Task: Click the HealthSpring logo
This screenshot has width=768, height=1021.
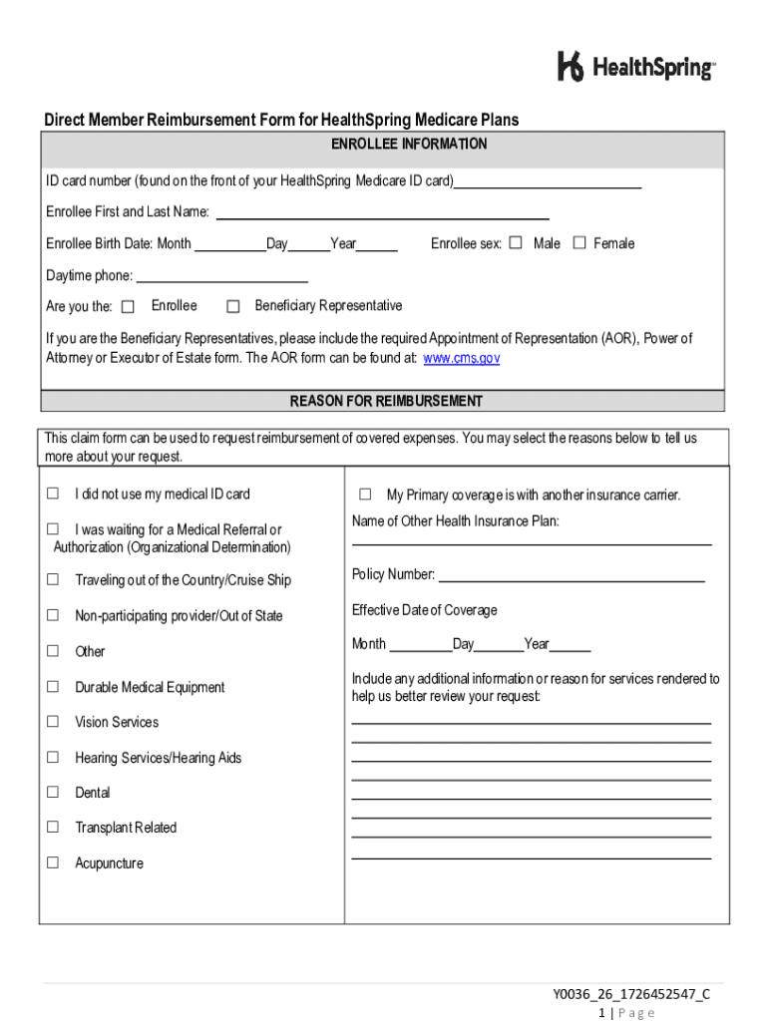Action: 635,68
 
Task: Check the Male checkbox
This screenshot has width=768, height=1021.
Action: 516,242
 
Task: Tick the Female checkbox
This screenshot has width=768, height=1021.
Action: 579,242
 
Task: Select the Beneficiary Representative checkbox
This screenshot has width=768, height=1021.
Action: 233,306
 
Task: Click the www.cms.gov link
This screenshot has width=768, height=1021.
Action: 462,358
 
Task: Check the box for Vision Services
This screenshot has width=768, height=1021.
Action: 53,722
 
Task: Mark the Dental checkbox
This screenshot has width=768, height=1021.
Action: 53,793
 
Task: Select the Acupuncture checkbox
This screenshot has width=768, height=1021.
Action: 53,862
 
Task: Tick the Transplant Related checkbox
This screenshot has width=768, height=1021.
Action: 53,828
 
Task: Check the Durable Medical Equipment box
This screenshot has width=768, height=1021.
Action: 53,687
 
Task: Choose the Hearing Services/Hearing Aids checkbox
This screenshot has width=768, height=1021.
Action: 53,758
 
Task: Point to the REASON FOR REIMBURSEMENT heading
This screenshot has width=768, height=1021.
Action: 386,401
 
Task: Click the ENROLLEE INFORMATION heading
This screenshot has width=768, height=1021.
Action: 409,145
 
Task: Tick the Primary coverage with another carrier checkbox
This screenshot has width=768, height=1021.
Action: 365,495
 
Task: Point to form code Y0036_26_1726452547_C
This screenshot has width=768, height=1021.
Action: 632,994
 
